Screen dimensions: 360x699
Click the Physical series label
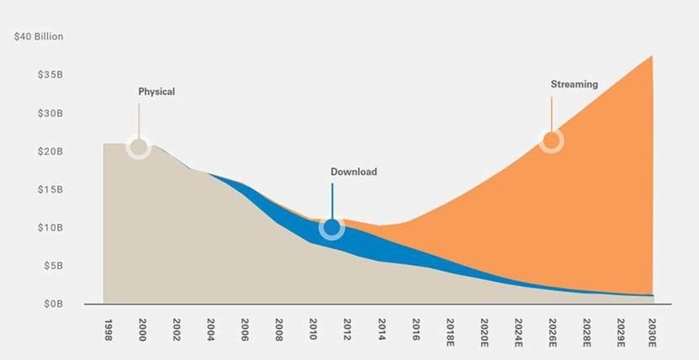156,92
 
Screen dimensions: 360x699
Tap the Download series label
353,172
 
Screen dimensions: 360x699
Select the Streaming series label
574,84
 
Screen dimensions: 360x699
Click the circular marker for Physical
139,147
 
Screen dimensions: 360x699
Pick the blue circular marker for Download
331,227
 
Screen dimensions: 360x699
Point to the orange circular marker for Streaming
551,140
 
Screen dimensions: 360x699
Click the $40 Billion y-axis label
39,37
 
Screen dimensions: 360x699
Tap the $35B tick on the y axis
51,75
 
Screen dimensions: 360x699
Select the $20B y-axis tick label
51,151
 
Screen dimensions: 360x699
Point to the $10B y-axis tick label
51,227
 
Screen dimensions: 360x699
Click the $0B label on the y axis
54,303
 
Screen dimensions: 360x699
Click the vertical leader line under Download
332,200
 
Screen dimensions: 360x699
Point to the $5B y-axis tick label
54,265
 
